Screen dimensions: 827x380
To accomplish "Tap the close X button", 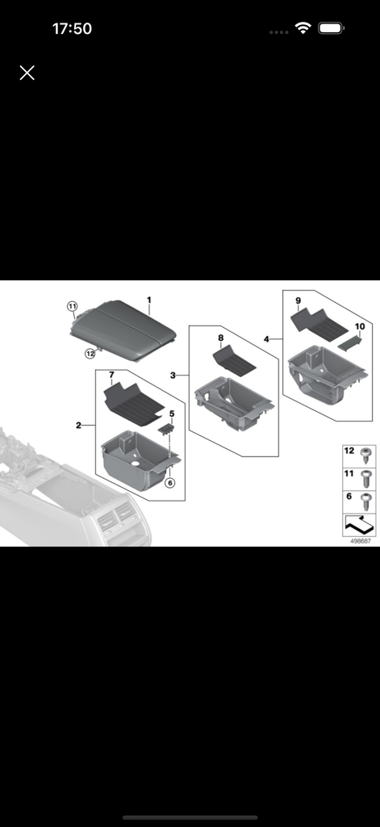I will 27,73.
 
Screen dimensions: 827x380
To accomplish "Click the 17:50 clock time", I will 72,29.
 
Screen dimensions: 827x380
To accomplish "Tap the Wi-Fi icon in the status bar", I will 303,28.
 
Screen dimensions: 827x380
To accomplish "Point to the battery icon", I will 331,28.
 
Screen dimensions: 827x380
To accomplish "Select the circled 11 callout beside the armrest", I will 72,307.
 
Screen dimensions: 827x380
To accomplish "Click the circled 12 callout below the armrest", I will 90,353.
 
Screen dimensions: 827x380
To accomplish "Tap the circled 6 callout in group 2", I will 169,483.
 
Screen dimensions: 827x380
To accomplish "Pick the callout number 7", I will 111,375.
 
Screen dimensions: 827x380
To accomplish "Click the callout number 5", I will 171,414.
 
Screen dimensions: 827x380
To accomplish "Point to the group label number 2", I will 78,425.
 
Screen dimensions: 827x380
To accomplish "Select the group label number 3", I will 173,376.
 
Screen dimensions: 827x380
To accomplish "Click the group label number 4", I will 266,338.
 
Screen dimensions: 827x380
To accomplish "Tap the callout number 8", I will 220,337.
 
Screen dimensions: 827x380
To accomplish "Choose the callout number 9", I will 298,301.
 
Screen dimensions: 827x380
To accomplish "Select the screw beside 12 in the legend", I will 365,452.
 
